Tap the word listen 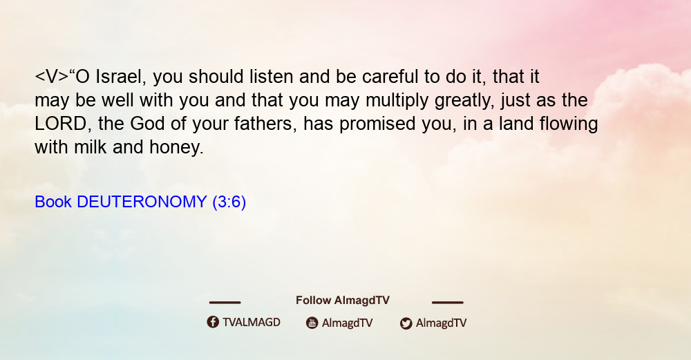click(272, 77)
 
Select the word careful click(390, 77)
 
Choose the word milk click(91, 147)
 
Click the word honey click(176, 148)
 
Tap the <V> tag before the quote click(51, 77)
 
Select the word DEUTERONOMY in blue click(142, 202)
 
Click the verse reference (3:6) click(229, 202)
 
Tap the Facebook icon click(213, 322)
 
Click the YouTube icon click(312, 323)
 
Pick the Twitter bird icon click(406, 323)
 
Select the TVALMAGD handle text click(252, 323)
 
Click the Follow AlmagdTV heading click(343, 301)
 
